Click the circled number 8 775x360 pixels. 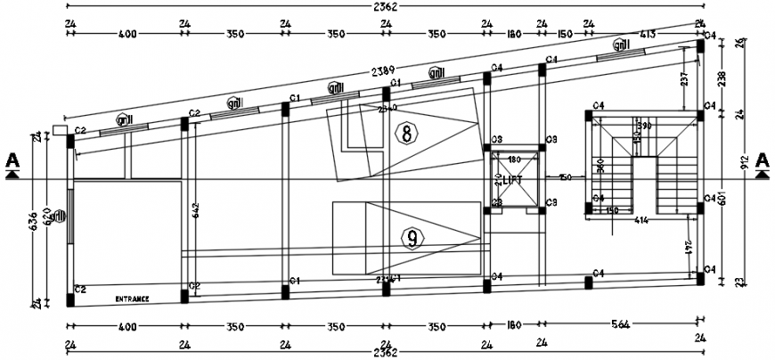pos(406,135)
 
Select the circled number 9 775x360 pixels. pos(412,239)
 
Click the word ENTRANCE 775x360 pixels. pos(131,299)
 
